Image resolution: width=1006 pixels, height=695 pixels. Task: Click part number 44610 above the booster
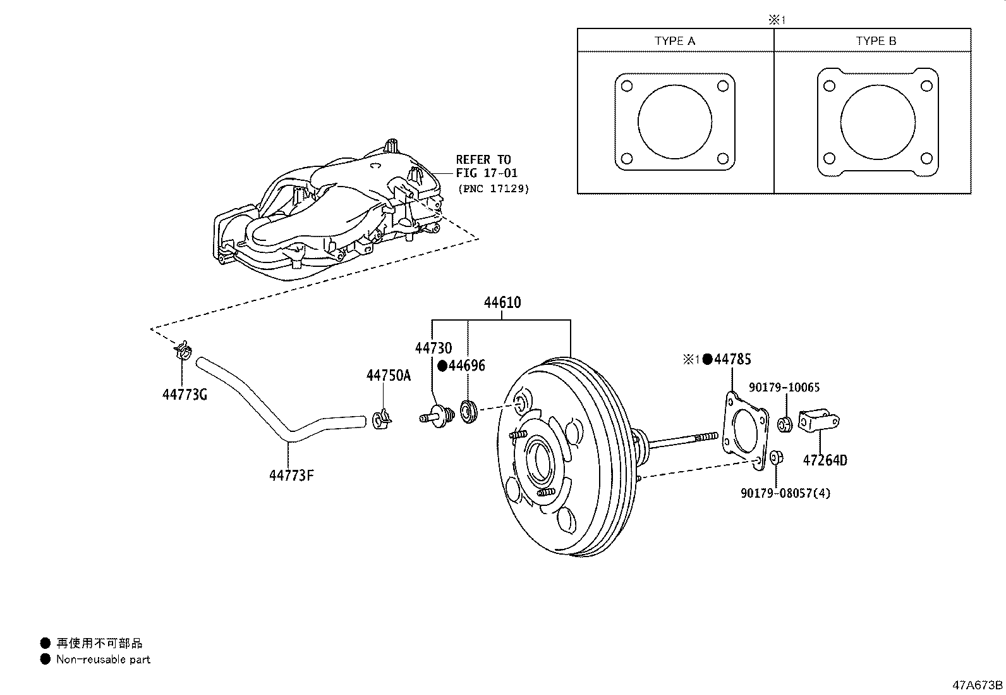click(502, 303)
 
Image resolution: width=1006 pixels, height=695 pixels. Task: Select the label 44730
click(433, 348)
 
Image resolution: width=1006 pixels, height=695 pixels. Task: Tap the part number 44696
click(467, 366)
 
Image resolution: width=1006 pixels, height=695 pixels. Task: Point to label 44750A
click(389, 376)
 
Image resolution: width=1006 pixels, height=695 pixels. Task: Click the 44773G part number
click(185, 395)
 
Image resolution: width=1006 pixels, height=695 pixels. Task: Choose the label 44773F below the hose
click(291, 475)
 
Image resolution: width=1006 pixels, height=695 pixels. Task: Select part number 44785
click(732, 360)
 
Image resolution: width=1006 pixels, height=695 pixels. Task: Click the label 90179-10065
click(784, 387)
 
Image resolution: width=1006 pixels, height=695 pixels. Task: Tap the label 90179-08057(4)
click(785, 493)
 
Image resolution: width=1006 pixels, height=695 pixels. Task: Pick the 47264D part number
click(825, 460)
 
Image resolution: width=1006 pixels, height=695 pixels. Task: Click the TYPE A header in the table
click(675, 41)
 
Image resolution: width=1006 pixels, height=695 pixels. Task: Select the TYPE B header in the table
click(876, 41)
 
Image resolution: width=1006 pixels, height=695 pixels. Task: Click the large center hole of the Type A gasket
click(674, 121)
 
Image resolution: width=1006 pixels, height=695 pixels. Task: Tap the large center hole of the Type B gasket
click(878, 121)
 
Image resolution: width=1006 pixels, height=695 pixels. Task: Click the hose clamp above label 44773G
click(182, 349)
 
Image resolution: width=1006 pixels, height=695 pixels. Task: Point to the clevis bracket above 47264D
click(819, 421)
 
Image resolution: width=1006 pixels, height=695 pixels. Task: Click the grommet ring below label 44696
click(468, 412)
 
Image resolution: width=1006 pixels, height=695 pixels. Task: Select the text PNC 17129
click(493, 188)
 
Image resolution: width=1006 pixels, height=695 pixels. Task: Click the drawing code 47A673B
click(978, 685)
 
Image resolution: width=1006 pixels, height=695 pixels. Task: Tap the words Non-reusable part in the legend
click(103, 660)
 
